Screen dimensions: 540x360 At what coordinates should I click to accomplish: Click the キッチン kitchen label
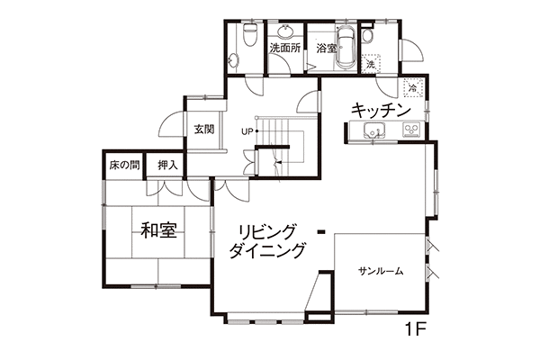pos(381,110)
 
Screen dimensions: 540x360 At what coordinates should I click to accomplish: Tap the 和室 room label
pos(159,230)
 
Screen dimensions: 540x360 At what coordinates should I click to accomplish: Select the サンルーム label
pos(381,272)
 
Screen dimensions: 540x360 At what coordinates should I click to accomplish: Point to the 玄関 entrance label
pos(204,130)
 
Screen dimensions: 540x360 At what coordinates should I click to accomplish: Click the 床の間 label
pos(125,166)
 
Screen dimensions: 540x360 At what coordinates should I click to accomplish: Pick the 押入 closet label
pos(167,166)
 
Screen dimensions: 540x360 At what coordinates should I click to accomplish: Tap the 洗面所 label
pos(285,48)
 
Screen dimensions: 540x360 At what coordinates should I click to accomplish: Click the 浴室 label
pos(326,49)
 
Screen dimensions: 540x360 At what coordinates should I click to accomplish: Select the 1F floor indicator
pos(416,329)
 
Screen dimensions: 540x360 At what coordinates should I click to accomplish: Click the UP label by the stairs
pos(247,131)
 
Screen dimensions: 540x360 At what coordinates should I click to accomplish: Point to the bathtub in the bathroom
pos(345,47)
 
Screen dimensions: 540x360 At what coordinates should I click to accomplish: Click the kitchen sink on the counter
pos(375,130)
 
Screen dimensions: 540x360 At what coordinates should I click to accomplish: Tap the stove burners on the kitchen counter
pos(412,130)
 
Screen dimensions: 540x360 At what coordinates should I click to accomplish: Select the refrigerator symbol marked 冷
pos(412,87)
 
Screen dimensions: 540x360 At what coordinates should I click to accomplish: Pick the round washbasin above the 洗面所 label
pos(285,31)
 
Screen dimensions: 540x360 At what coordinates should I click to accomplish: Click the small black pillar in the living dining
pos(321,232)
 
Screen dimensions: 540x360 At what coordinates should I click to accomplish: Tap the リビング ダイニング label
pos(267,241)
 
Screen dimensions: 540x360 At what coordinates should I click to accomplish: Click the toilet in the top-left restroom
pos(249,34)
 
